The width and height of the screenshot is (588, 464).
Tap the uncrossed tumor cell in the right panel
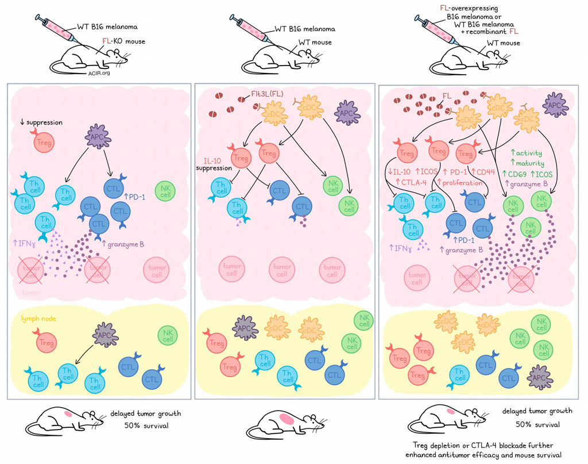point(417,278)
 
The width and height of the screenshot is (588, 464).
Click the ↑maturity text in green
point(530,164)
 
